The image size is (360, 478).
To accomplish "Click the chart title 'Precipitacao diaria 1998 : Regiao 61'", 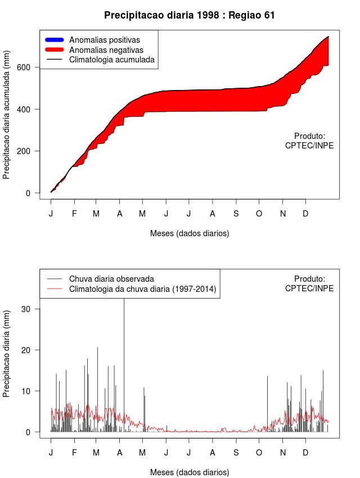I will click(190, 15).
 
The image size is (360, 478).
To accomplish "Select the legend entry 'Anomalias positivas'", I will click(104, 40).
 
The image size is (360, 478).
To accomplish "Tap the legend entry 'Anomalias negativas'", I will click(106, 49).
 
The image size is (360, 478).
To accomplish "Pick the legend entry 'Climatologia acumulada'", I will click(111, 59).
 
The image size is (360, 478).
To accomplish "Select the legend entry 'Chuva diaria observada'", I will click(111, 278).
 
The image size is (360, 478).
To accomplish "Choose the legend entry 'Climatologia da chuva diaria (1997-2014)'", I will click(142, 289).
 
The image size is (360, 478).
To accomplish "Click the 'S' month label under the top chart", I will click(236, 214).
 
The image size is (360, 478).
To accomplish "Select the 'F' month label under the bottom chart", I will click(74, 453).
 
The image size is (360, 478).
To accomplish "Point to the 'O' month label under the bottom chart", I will click(259, 453).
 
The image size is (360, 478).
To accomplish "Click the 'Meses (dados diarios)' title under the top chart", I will click(190, 233).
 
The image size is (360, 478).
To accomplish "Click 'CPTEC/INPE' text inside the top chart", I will click(309, 145).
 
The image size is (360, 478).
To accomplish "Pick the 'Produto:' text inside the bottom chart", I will click(309, 278).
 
